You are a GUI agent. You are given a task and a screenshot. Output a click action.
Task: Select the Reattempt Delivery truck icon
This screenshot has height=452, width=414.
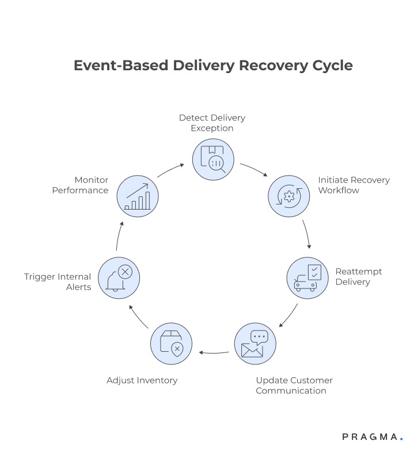[307, 278]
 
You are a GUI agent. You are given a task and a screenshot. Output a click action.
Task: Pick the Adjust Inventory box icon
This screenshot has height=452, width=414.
[172, 344]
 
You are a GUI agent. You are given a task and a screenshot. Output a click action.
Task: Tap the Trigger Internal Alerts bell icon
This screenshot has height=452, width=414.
[119, 278]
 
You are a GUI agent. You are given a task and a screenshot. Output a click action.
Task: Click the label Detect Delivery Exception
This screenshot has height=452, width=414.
[212, 123]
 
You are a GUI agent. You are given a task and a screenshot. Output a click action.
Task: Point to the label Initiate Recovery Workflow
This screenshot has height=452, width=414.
[353, 185]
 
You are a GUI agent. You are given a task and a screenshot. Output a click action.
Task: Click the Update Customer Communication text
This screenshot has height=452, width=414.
[294, 385]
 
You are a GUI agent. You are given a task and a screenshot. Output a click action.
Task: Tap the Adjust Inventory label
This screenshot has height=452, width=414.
[142, 380]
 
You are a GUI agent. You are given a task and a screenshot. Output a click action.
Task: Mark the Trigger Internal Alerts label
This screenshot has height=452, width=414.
[58, 282]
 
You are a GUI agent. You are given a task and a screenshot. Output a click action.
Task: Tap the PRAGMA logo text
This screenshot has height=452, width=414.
[369, 437]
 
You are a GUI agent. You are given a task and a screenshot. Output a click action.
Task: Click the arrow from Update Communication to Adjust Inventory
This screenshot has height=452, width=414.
[213, 352]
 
